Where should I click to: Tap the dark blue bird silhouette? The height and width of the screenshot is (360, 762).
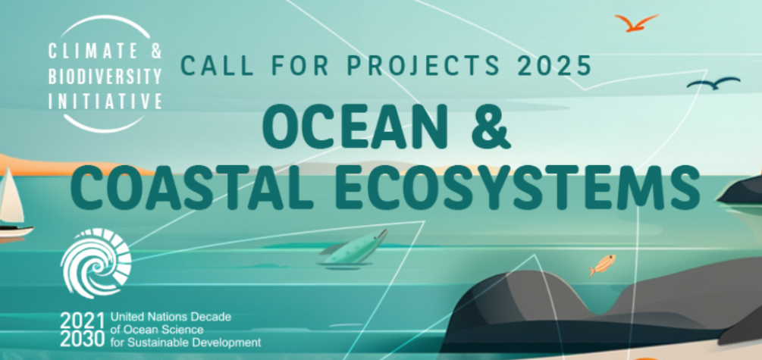click(x=714, y=83)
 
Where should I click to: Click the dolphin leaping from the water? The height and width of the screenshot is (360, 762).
click(x=353, y=249)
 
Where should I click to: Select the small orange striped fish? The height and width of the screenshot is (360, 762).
click(x=603, y=265)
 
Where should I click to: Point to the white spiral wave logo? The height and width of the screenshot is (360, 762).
click(x=96, y=263)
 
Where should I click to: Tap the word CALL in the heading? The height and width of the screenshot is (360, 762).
click(x=216, y=66)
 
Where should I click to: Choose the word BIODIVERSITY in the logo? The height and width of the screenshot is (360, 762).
click(x=105, y=77)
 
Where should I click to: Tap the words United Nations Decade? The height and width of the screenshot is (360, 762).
click(x=171, y=318)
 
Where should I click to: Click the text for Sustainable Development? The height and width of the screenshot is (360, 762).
click(x=186, y=343)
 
